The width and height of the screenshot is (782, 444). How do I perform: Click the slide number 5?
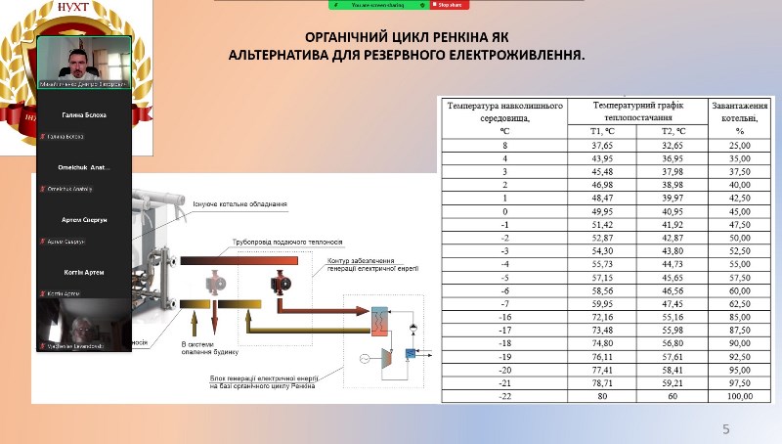click(725, 429)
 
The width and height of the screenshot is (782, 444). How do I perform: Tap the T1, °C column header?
click(602, 130)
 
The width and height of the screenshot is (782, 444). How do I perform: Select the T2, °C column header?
click(673, 130)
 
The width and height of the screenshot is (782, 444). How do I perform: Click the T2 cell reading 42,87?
click(673, 238)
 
